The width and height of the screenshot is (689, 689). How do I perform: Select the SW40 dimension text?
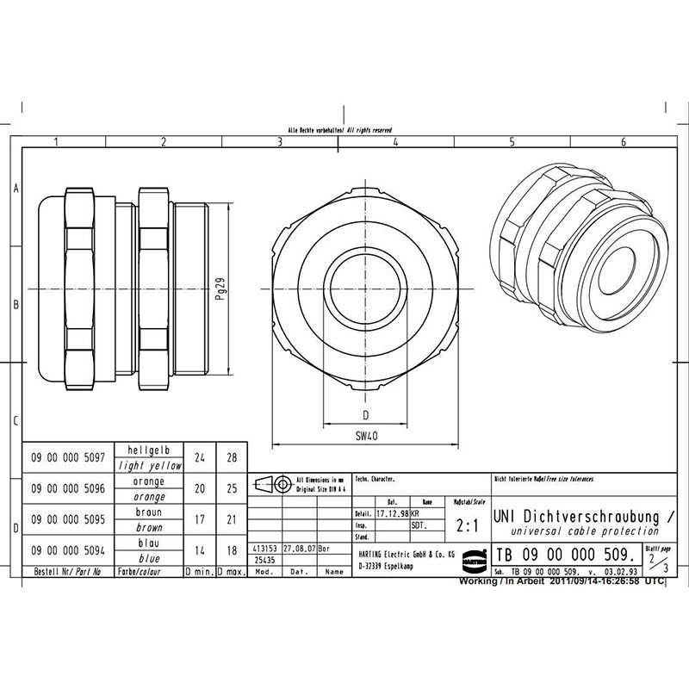coord(366,437)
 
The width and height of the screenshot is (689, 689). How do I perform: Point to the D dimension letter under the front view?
coord(365,414)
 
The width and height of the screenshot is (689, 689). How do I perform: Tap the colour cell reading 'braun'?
coord(150,512)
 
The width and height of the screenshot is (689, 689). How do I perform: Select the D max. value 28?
coord(231,458)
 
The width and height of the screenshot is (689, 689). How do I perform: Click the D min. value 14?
coord(200,549)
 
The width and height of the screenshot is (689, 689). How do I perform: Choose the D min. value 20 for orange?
coord(200,488)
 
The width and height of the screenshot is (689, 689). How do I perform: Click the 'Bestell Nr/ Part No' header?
coord(67,571)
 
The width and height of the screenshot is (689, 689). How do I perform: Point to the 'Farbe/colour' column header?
coord(150,571)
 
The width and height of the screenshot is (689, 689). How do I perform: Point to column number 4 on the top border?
coord(394,142)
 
